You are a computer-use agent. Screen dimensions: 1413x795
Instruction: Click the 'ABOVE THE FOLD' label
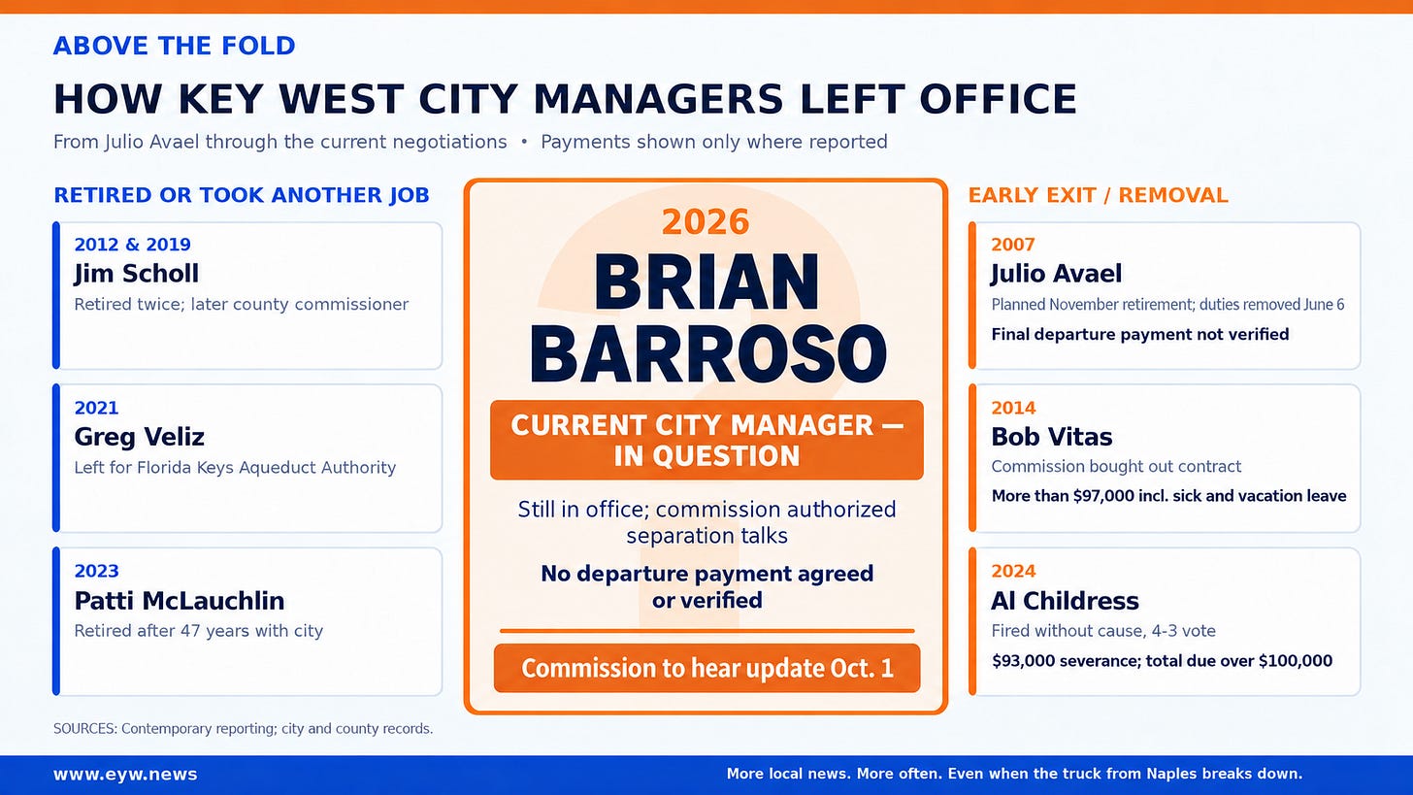point(174,46)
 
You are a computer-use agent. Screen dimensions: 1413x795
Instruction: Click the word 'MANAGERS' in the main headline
point(658,99)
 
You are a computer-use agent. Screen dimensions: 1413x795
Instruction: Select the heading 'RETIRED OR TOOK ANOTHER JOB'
point(242,195)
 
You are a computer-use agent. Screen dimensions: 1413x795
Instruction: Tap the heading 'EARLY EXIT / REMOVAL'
point(1099,195)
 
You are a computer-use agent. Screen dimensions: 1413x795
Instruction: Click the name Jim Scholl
point(136,273)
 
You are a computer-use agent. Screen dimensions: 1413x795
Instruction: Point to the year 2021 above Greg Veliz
point(96,408)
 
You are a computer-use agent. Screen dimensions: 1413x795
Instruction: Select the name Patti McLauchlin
point(180,601)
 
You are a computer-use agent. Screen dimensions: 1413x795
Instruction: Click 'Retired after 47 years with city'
point(199,631)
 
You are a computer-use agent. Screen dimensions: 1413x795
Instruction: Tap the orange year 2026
point(706,221)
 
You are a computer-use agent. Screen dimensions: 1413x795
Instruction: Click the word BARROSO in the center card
point(707,353)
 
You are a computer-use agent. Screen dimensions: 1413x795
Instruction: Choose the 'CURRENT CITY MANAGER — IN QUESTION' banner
point(706,440)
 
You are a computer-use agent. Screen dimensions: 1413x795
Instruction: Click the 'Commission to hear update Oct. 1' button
point(707,668)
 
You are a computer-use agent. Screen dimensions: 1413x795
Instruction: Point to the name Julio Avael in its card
point(1057,273)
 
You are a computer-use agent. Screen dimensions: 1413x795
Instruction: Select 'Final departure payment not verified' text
point(1140,334)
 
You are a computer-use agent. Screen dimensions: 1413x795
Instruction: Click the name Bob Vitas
point(1052,437)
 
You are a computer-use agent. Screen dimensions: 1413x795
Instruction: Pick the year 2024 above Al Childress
point(1013,571)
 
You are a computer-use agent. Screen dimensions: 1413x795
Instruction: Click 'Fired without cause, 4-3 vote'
point(1103,631)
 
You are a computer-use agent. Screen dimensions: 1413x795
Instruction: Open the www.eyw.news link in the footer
point(125,775)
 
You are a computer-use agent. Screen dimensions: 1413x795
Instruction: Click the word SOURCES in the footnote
point(85,729)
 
